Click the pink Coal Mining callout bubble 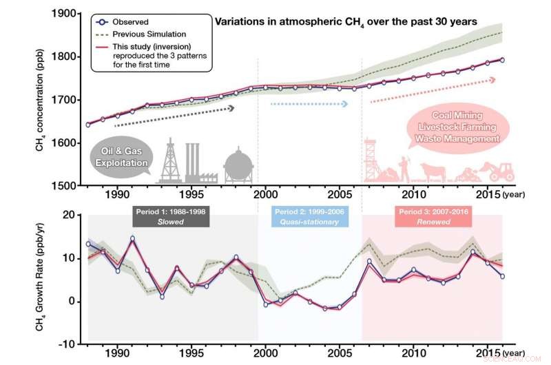[x=455, y=127]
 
